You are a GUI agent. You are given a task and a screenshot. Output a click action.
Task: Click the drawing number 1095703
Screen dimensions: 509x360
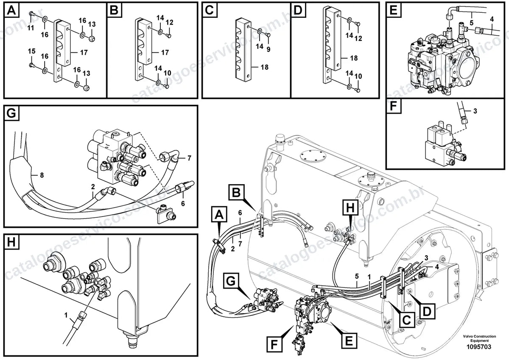pyautogui.click(x=479, y=346)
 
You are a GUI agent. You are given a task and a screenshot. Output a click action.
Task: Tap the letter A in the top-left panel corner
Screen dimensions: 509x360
pyautogui.click(x=11, y=11)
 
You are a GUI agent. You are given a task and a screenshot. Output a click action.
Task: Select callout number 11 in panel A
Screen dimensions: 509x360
pyautogui.click(x=31, y=28)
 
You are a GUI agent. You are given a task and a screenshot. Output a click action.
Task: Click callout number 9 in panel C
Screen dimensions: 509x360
pyautogui.click(x=268, y=49)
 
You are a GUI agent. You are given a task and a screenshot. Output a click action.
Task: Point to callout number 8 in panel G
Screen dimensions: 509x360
pyautogui.click(x=42, y=175)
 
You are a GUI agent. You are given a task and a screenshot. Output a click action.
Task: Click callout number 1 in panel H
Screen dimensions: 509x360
pyautogui.click(x=66, y=315)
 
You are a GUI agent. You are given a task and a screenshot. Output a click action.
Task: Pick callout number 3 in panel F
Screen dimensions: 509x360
pyautogui.click(x=475, y=111)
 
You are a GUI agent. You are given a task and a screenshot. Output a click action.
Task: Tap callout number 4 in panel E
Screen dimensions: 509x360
pyautogui.click(x=492, y=19)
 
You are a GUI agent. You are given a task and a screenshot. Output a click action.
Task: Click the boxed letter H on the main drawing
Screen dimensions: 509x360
pyautogui.click(x=350, y=208)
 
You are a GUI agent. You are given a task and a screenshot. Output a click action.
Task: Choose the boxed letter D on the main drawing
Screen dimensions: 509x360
pyautogui.click(x=427, y=311)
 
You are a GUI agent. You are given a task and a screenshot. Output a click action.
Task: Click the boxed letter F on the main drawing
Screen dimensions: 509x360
pyautogui.click(x=274, y=344)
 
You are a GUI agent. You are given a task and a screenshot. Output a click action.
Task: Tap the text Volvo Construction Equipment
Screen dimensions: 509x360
pyautogui.click(x=479, y=338)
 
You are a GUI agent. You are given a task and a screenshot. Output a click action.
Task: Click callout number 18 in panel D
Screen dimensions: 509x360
pyautogui.click(x=354, y=58)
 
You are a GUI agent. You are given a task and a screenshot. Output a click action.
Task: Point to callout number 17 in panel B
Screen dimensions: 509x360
pyautogui.click(x=165, y=53)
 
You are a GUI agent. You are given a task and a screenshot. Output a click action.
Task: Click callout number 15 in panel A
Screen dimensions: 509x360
pyautogui.click(x=31, y=51)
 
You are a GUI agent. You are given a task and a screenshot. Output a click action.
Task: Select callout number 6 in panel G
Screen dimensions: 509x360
pyautogui.click(x=183, y=203)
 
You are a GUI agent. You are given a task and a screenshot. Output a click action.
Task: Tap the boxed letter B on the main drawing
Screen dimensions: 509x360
pyautogui.click(x=237, y=192)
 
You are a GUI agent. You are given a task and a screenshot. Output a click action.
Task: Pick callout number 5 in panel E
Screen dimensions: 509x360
pyautogui.click(x=472, y=23)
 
